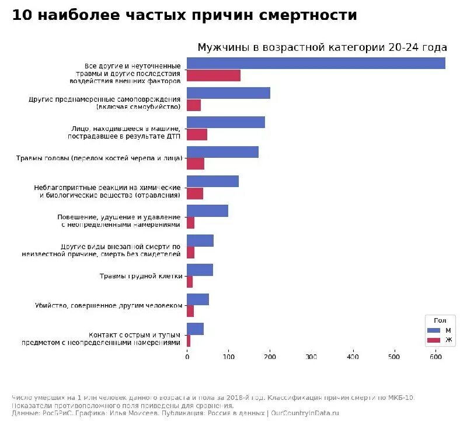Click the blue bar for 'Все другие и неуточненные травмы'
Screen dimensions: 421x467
coord(315,63)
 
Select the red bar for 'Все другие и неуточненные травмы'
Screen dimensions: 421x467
coord(213,75)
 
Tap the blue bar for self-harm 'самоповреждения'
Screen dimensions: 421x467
coord(228,93)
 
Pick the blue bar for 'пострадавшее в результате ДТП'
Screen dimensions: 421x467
coord(225,122)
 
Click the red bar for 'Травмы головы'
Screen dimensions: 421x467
coord(196,164)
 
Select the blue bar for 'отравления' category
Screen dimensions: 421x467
coord(212,181)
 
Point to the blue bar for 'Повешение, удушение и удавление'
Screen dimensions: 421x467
coord(207,210)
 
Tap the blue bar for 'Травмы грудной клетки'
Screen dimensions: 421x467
coord(200,270)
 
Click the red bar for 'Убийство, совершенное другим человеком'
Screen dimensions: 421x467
coord(190,311)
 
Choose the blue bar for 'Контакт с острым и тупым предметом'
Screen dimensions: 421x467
coord(195,329)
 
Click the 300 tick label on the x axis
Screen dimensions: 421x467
coord(311,356)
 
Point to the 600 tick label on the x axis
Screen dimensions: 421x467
coord(435,356)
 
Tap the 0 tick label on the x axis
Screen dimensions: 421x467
coord(187,356)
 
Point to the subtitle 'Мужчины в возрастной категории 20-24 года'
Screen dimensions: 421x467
coord(322,48)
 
